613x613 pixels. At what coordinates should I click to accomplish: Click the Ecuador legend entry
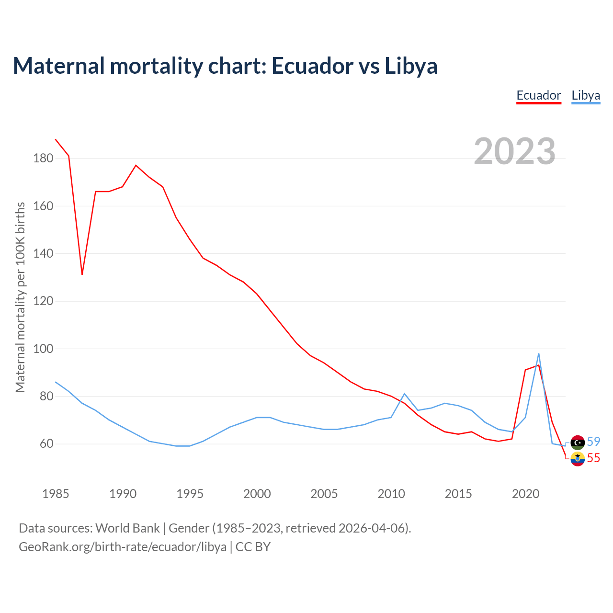point(538,95)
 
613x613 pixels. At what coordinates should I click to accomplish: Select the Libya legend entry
point(586,95)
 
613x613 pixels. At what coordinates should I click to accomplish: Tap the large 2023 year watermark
point(515,151)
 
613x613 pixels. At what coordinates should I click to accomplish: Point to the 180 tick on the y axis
point(43,158)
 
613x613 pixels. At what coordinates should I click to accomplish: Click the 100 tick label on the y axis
point(43,349)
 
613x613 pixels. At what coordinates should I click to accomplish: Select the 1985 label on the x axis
point(56,494)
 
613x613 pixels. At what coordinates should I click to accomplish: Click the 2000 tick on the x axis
point(257,494)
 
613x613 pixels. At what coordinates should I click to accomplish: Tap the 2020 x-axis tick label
point(526,494)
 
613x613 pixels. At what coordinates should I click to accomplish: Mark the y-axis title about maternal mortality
point(20,297)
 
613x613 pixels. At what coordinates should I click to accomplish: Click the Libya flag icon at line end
point(578,442)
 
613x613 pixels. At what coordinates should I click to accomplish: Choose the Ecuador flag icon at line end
point(578,459)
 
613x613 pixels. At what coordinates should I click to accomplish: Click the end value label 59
point(593,442)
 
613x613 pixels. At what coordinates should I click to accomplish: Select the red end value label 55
point(593,458)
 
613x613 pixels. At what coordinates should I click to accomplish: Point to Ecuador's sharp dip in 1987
point(82,274)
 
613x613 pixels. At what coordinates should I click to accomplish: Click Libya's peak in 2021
point(539,354)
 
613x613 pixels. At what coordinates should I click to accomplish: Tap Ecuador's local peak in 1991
point(136,165)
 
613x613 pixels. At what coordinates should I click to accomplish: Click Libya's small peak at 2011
point(405,394)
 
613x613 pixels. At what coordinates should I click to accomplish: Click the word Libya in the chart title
point(411,66)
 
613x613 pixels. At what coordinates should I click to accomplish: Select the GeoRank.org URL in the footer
point(122,546)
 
